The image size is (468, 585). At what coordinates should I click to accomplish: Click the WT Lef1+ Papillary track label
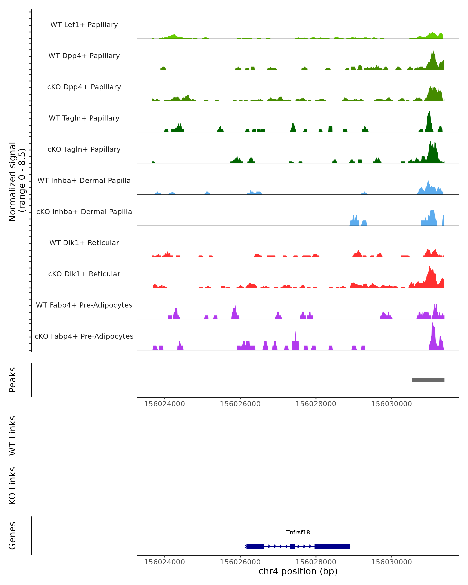84,25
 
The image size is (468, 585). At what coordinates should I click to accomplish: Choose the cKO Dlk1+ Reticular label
84,274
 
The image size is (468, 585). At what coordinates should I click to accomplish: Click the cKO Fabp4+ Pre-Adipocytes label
84,336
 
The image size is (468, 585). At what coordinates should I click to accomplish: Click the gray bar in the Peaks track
428,380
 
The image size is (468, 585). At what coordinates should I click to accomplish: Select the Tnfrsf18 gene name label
298,532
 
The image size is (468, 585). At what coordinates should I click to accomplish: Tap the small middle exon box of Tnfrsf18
292,546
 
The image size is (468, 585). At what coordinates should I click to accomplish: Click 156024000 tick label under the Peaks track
164,404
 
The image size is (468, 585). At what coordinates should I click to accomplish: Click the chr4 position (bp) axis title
298,571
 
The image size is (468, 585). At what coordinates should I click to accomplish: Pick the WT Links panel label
12,435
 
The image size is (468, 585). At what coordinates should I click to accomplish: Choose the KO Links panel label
12,486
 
